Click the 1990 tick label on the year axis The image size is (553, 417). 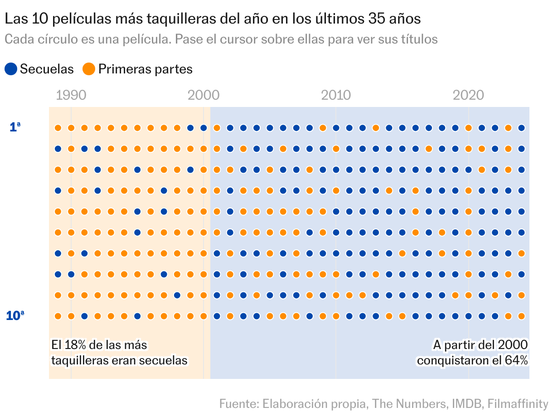tap(71, 95)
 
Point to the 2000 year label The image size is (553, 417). tap(204, 95)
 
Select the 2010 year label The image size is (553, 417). tap(336, 95)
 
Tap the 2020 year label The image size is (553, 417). tap(468, 95)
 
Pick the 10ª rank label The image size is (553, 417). tap(15, 315)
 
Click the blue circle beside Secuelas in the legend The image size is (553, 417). tap(11, 69)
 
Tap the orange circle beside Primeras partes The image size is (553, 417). tap(89, 69)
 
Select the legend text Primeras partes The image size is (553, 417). tap(145, 69)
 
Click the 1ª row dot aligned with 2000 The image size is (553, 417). tap(204, 128)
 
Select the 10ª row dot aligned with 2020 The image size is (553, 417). tap(468, 316)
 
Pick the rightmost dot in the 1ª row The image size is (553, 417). tap(521, 128)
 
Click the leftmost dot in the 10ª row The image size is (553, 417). tap(58, 316)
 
